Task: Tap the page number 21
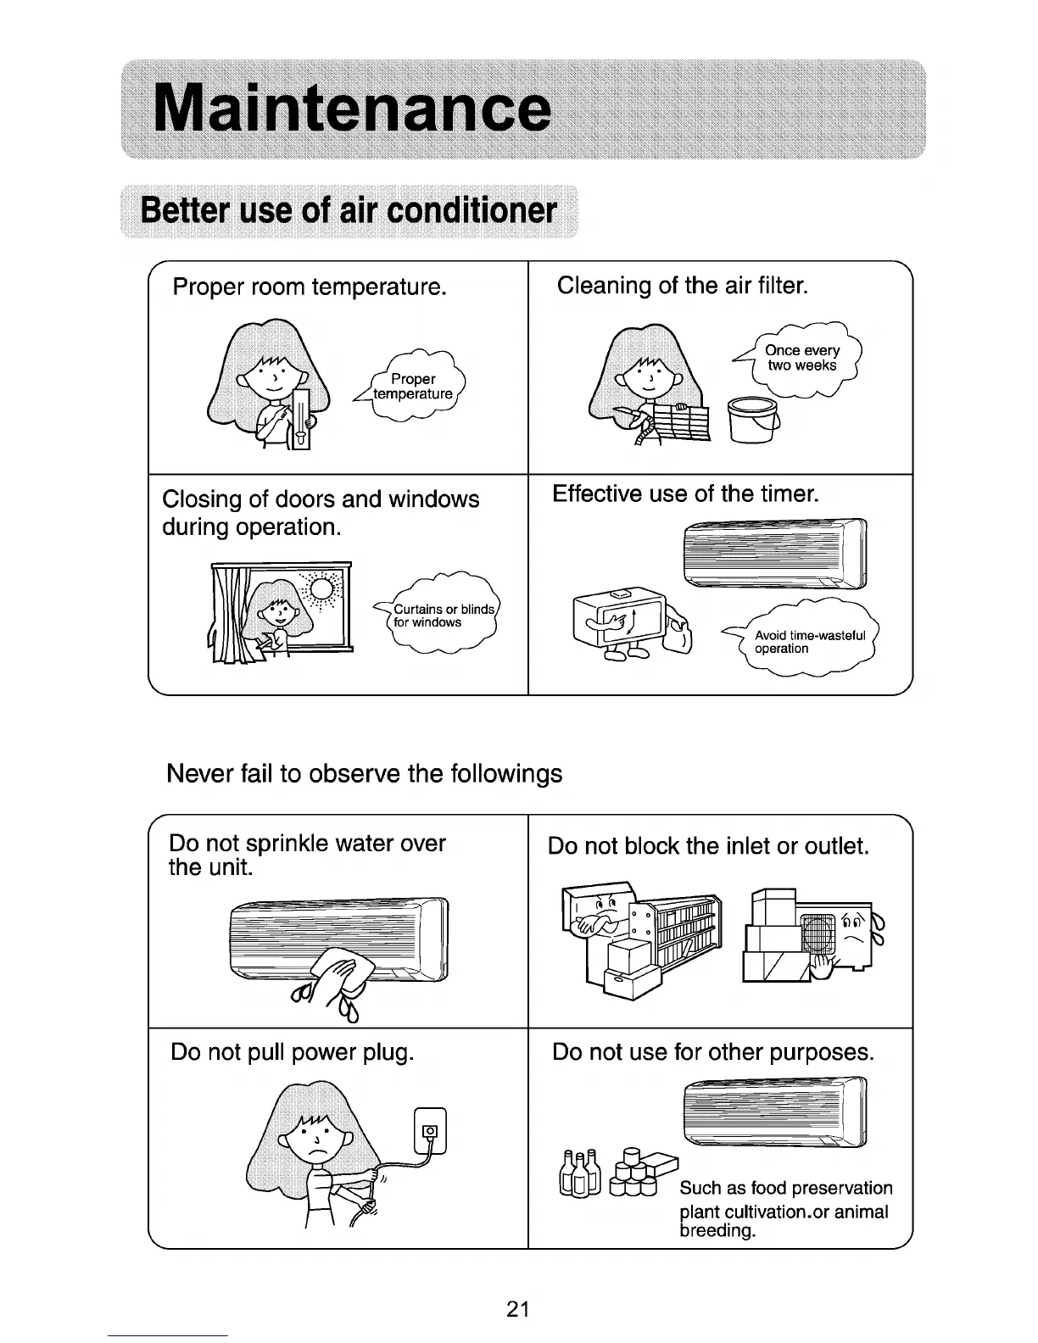click(518, 1309)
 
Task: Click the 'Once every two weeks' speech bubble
click(801, 359)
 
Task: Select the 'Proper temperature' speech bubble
click(414, 387)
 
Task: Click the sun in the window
click(321, 588)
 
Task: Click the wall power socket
click(429, 1130)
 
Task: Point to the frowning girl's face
click(316, 1140)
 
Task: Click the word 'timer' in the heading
click(789, 493)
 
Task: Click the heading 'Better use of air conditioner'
click(349, 210)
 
